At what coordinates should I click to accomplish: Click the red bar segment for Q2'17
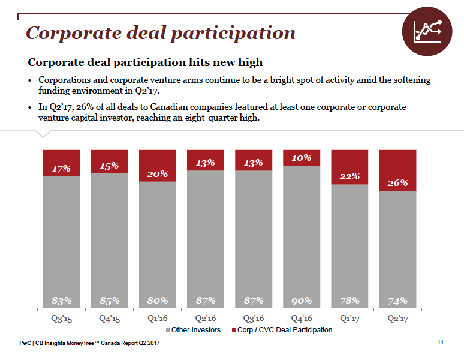(397, 170)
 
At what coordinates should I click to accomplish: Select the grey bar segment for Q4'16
(302, 234)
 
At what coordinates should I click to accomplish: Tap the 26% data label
(397, 182)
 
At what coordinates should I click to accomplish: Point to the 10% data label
(302, 158)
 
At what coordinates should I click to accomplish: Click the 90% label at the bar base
(302, 300)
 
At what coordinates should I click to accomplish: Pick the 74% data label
(397, 300)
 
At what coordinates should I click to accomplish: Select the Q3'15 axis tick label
(62, 318)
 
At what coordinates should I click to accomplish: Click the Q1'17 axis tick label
(349, 318)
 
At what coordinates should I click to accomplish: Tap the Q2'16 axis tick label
(206, 318)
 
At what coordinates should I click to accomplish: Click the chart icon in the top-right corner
(427, 32)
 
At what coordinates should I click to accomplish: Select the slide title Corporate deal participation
(161, 32)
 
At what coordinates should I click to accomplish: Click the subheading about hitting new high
(146, 62)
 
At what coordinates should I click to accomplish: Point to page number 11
(441, 343)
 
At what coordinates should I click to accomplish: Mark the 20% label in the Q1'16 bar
(158, 173)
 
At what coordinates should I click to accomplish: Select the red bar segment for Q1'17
(349, 167)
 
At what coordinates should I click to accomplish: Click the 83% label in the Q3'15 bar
(62, 300)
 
